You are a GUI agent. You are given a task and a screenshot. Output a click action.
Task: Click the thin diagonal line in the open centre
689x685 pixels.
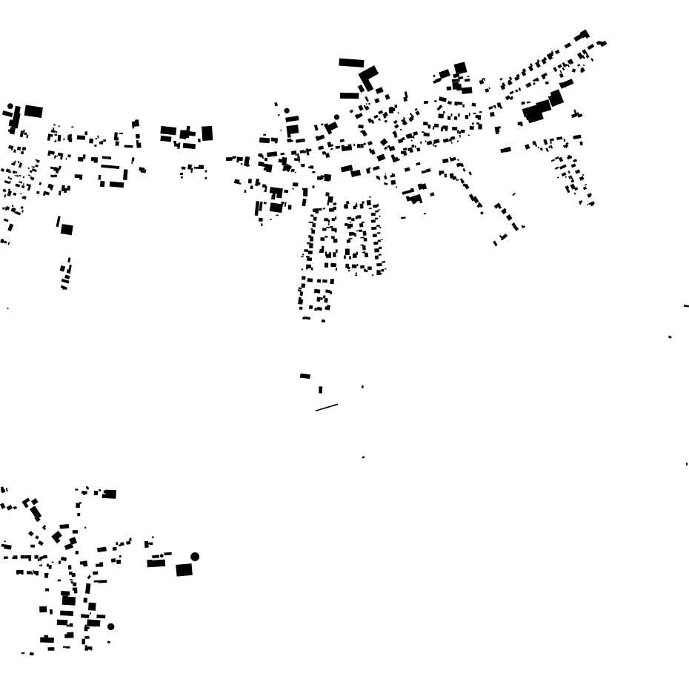[x=327, y=407]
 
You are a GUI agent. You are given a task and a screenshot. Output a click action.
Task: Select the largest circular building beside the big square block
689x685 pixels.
[x=195, y=557]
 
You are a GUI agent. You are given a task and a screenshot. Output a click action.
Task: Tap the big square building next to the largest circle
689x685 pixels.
[x=184, y=570]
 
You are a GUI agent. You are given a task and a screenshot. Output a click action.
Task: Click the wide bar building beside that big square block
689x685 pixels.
[x=156, y=563]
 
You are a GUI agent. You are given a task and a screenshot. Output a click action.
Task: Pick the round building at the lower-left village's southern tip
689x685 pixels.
[x=111, y=626]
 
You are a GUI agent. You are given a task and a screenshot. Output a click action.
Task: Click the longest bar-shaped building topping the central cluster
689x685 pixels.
[x=351, y=63]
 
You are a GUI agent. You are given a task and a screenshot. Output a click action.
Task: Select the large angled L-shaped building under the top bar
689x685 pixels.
[x=367, y=76]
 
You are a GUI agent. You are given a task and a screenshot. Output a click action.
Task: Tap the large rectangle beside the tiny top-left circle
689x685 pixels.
[x=33, y=111]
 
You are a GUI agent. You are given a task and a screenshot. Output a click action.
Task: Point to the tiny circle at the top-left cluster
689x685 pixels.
[x=10, y=106]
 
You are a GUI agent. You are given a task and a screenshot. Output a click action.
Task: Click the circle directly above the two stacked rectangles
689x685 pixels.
[x=287, y=111]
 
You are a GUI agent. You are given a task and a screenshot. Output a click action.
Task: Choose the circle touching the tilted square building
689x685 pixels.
[x=336, y=117]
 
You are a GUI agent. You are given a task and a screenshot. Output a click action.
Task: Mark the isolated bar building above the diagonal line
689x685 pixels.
[x=305, y=376]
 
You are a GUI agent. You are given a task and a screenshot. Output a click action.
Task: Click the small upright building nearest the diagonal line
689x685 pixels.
[x=320, y=389]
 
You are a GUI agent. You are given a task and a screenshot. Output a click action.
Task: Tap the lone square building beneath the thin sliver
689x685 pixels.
[x=67, y=230]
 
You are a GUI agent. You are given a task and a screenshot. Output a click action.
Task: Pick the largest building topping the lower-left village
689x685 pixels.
[x=109, y=494]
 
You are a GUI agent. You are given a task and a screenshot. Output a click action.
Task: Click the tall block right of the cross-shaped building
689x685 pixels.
[x=207, y=133]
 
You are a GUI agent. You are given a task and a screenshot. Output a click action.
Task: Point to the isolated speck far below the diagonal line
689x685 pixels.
[x=363, y=457]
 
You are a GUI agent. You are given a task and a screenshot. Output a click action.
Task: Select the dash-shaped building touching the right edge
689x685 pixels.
[x=686, y=305]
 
